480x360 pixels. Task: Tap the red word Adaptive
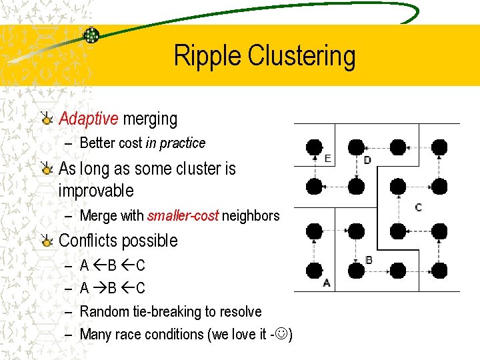tap(89, 119)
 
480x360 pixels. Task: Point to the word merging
tap(150, 119)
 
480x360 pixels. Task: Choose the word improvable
tap(96, 191)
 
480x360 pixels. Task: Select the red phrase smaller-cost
tap(183, 216)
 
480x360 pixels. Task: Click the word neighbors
tap(251, 216)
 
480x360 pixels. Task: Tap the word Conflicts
tap(91, 241)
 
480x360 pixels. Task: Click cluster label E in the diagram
tap(327, 159)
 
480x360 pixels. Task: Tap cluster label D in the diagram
tap(367, 160)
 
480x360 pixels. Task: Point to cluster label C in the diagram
tap(418, 207)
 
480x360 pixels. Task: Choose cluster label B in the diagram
tap(369, 260)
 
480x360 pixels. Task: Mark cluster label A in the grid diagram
tap(326, 283)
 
